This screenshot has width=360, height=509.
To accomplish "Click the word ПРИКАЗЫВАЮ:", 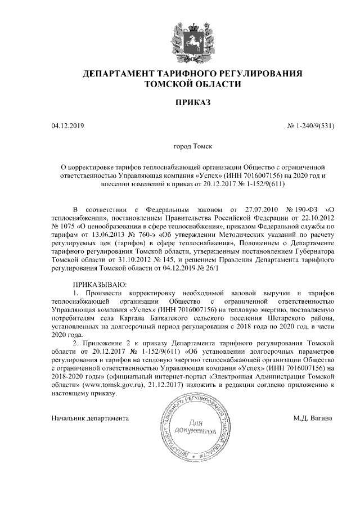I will (97, 285).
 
